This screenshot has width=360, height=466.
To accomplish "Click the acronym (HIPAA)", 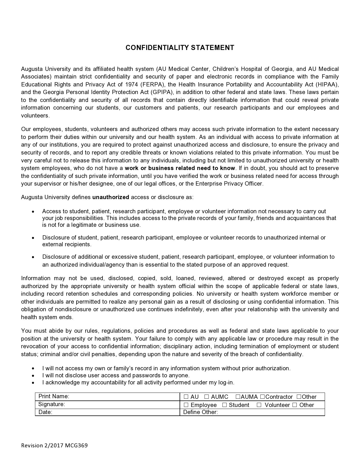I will (x=327, y=84).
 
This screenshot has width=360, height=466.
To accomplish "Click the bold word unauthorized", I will (x=111, y=197).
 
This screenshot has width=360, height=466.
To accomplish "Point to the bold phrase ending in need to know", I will (x=180, y=168).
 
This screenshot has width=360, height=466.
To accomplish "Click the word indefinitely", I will (x=189, y=309).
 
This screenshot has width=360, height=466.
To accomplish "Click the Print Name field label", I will (x=54, y=396).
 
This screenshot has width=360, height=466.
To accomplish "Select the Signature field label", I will (x=52, y=404).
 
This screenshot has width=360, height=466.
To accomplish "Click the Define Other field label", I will (x=200, y=412).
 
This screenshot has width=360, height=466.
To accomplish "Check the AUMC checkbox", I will (x=207, y=397).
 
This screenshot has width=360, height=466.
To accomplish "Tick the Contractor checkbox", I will (x=263, y=397).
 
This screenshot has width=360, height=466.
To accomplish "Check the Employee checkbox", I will (x=186, y=405).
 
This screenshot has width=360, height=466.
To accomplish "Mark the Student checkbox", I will (x=224, y=405).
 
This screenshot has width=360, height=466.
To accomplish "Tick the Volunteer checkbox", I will (x=259, y=405).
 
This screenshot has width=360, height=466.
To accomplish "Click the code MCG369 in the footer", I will (x=77, y=445).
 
